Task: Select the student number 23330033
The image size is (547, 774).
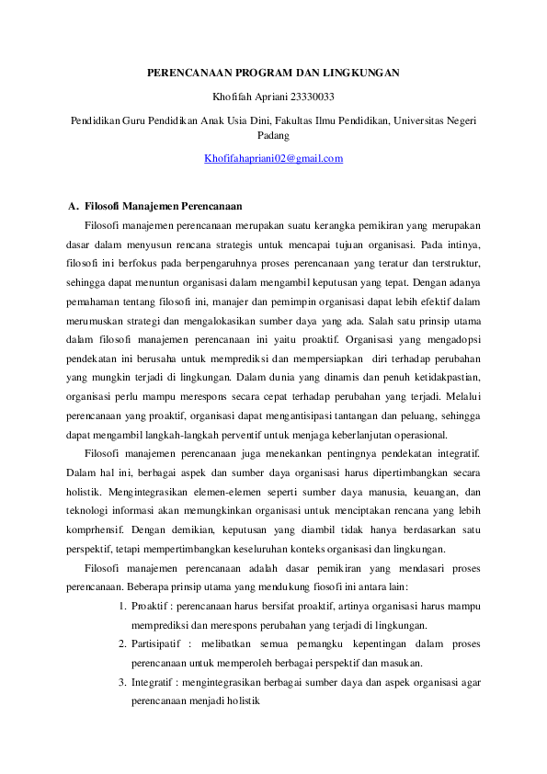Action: (310, 96)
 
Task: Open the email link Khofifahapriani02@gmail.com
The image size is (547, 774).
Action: (273, 158)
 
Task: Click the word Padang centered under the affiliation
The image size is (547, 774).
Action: (273, 135)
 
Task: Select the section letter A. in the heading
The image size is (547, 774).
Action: (74, 205)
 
